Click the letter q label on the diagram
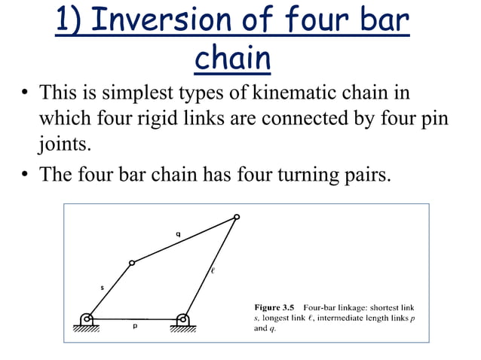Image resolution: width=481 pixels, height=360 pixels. (177, 234)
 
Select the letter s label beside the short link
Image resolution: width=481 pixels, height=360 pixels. (102, 286)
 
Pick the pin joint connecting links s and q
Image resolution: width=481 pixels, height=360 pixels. (132, 263)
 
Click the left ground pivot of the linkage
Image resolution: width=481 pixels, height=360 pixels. (88, 319)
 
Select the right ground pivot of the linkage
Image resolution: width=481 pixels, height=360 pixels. (182, 319)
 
